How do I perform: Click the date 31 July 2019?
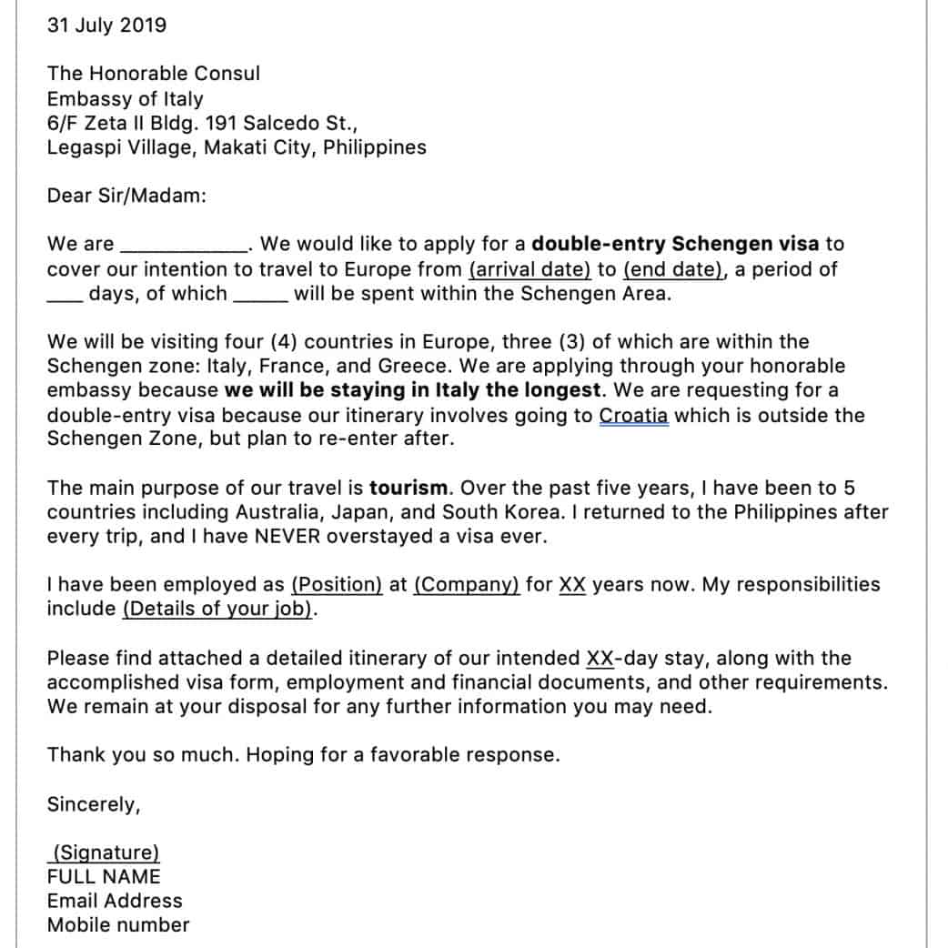(106, 25)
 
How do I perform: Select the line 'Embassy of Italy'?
(126, 98)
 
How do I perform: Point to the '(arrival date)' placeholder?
(529, 269)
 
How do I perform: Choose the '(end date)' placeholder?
(674, 269)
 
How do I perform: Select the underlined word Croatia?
(634, 416)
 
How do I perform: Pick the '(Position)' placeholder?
(337, 585)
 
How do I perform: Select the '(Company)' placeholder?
(467, 585)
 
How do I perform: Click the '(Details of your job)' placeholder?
(217, 610)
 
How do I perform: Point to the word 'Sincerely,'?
(94, 804)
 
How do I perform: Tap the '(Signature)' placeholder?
(106, 852)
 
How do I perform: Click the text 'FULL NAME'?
(104, 877)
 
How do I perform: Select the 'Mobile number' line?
(118, 925)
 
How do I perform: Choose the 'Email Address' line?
(115, 901)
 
